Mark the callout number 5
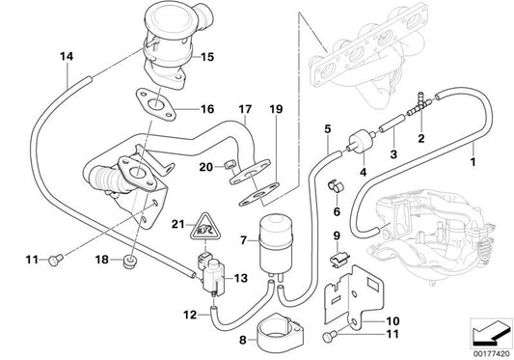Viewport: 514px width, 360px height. [x=327, y=127]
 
